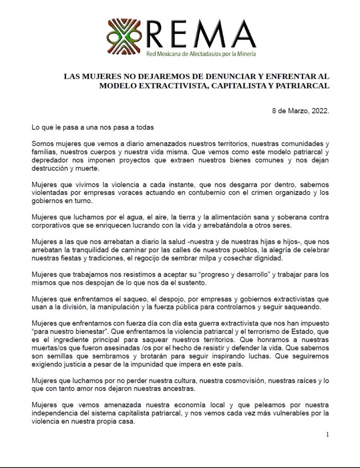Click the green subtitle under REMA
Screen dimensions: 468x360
(x=201, y=54)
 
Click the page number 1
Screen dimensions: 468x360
(x=327, y=435)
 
